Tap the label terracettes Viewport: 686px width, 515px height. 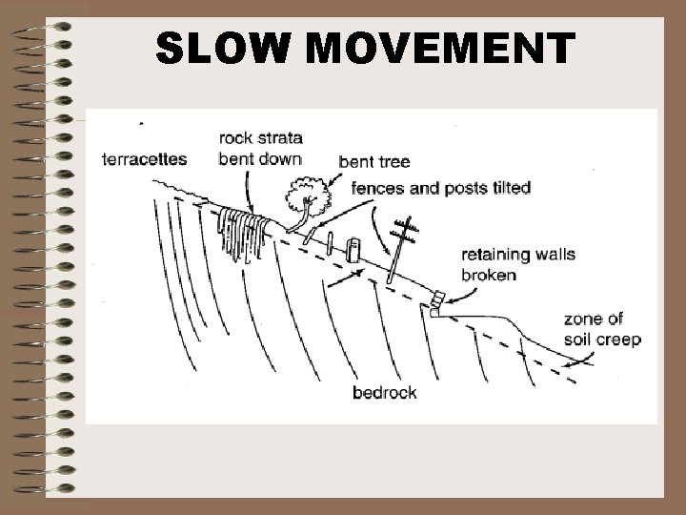(x=145, y=159)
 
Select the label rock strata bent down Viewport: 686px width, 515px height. (x=260, y=149)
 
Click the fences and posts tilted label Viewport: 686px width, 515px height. (x=441, y=188)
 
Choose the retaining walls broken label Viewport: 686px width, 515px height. (x=504, y=265)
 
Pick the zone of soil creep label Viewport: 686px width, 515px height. (x=602, y=329)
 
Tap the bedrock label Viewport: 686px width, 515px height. (x=384, y=392)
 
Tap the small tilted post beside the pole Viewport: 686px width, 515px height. (x=355, y=251)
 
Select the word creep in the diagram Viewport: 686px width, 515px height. (x=620, y=340)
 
